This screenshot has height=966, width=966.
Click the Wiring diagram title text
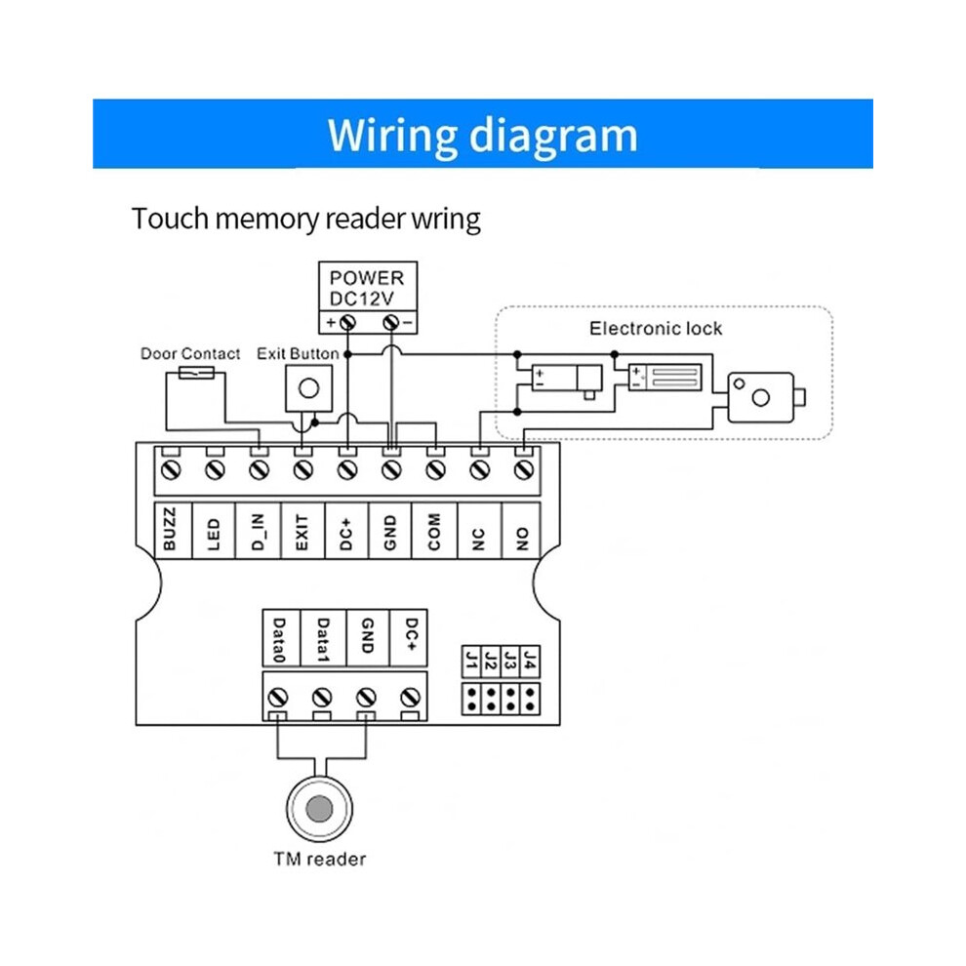pyautogui.click(x=482, y=135)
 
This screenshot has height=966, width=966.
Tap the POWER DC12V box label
pyautogui.click(x=367, y=288)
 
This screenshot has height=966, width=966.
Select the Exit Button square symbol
pyautogui.click(x=308, y=388)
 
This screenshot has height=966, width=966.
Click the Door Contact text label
pyautogui.click(x=190, y=353)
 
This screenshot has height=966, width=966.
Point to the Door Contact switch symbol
pyautogui.click(x=196, y=373)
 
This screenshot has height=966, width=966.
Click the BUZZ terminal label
pyautogui.click(x=170, y=529)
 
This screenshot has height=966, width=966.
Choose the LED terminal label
pyautogui.click(x=213, y=534)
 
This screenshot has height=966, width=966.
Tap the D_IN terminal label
pyautogui.click(x=259, y=532)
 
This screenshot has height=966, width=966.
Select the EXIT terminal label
pyautogui.click(x=302, y=532)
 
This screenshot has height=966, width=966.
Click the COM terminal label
pyautogui.click(x=434, y=531)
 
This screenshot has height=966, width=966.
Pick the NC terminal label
pyautogui.click(x=478, y=539)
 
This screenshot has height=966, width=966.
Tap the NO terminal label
pyautogui.click(x=522, y=539)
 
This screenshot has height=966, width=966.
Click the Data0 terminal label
pyautogui.click(x=279, y=639)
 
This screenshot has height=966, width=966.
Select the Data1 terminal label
pyautogui.click(x=323, y=639)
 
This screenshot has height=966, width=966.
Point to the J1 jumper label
pyautogui.click(x=472, y=661)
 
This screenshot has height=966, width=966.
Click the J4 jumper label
pyautogui.click(x=530, y=661)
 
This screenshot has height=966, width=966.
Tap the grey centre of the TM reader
pyautogui.click(x=319, y=809)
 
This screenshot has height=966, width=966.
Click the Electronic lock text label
pyautogui.click(x=656, y=329)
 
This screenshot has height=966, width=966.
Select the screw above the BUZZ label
pyautogui.click(x=171, y=470)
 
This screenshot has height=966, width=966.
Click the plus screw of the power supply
pyautogui.click(x=348, y=322)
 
